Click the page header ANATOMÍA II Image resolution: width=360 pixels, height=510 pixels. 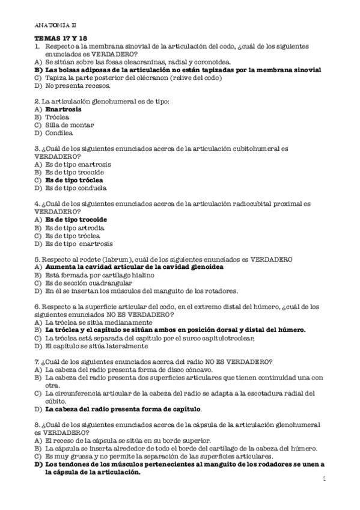tap(56, 26)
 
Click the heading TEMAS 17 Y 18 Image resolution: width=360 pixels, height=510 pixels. tap(61, 38)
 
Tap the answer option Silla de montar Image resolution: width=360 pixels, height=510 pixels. tap(69, 125)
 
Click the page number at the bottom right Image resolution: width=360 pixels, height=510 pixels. tap(325, 479)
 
